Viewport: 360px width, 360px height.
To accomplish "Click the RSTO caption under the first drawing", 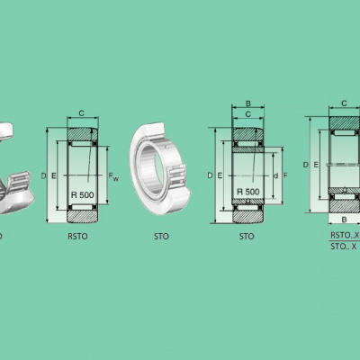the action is click(x=77, y=237).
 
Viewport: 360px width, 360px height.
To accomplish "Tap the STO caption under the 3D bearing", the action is click(x=161, y=237).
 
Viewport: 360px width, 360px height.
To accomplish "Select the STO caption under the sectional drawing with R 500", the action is click(x=247, y=237).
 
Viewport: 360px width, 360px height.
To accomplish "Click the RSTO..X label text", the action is click(x=345, y=235).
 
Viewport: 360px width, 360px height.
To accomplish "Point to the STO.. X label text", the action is click(x=344, y=247).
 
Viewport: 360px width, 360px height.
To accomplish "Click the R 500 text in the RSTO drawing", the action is click(x=83, y=195).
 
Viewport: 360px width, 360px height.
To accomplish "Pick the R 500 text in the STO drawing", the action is click(x=248, y=192).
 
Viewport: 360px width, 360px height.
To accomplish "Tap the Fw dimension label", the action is click(x=113, y=176).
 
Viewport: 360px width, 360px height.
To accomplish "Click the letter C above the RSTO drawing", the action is click(x=81, y=113).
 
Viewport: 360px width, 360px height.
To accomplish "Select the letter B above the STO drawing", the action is click(x=248, y=103).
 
